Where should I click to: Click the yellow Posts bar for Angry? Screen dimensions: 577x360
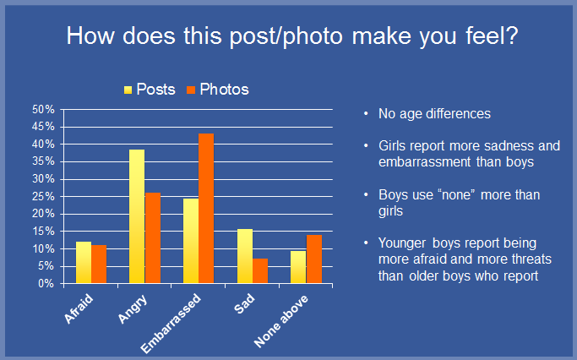point(137,216)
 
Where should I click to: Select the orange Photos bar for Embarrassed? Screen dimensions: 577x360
point(206,209)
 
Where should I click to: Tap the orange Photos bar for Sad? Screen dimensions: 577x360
point(260,271)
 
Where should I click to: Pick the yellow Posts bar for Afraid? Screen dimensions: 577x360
point(84,263)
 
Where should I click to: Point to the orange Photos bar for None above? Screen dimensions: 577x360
point(314,259)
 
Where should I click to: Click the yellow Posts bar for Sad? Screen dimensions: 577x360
point(245,256)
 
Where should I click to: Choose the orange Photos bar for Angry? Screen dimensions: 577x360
point(153,238)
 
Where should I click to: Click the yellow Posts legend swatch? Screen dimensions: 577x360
point(128,90)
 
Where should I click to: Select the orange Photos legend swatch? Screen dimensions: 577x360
point(191,90)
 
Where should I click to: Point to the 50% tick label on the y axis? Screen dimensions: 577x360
point(43,109)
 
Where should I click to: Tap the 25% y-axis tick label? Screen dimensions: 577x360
point(43,197)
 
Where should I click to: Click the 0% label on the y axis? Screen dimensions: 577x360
point(46,284)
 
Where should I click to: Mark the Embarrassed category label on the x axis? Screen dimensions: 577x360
point(171,324)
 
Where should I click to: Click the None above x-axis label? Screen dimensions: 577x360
point(281,321)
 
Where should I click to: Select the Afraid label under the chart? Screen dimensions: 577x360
point(79,308)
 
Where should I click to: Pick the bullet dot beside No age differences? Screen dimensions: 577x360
point(366,114)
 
